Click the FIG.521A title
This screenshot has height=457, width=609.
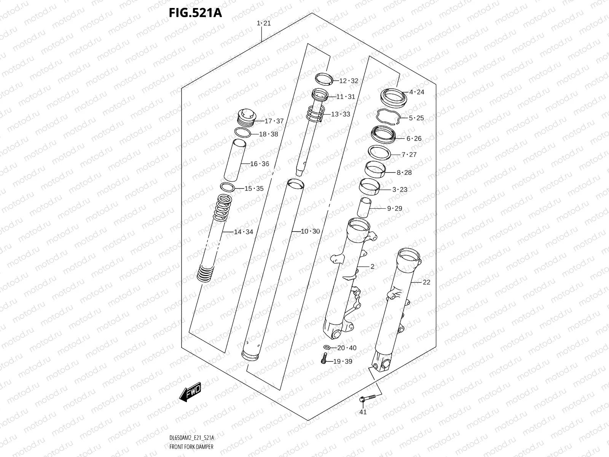coord(195,13)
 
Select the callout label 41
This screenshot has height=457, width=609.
coord(363,412)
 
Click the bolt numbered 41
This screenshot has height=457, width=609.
coord(363,399)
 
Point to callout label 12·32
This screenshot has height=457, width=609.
coord(348,81)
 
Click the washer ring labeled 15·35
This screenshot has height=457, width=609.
coord(227,187)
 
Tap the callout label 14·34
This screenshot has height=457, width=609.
coord(243,232)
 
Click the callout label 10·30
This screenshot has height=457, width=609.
coord(311,232)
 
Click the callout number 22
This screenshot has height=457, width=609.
coord(426,282)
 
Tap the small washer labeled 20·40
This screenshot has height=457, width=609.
coord(327,348)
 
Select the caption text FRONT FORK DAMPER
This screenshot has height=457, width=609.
coord(191,447)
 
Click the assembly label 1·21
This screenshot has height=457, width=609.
coord(264,23)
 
